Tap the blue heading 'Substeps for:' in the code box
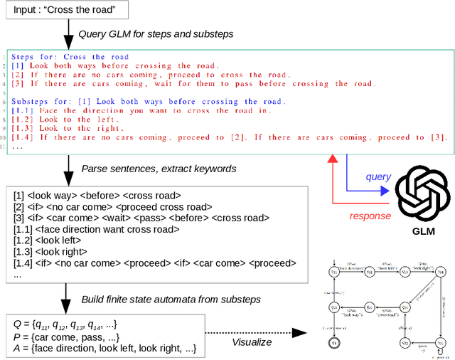(36, 101)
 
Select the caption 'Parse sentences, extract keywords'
(160, 169)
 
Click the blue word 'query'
(378, 176)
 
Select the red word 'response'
(370, 216)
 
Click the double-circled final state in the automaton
(333, 342)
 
